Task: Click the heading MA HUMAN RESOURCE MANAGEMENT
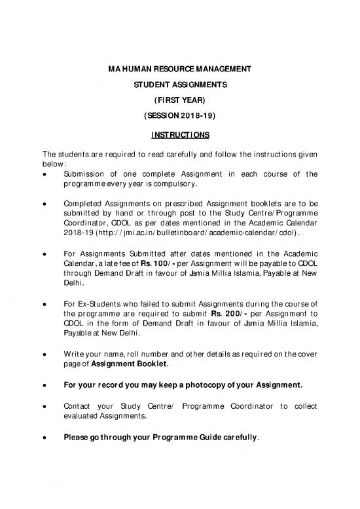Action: pyautogui.click(x=179, y=69)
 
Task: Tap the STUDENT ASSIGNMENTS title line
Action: pyautogui.click(x=179, y=85)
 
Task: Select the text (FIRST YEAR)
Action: pyautogui.click(x=179, y=102)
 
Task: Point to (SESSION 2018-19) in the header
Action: pyautogui.click(x=179, y=118)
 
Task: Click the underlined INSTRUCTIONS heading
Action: pyautogui.click(x=179, y=136)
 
